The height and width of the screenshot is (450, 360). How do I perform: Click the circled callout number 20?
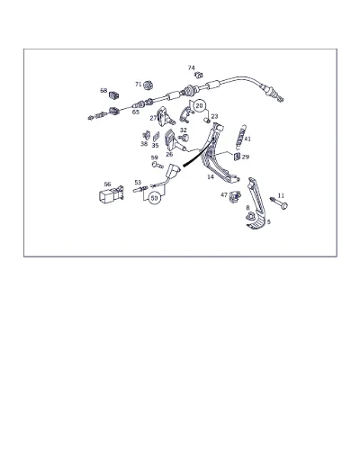pos(199,106)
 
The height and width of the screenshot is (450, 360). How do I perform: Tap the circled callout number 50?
pos(154,198)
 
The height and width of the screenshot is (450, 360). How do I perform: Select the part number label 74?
pos(191,68)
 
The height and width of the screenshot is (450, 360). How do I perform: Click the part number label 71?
pos(138,85)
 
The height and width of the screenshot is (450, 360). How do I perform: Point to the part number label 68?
pos(103,90)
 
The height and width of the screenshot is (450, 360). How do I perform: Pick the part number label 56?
pos(107,184)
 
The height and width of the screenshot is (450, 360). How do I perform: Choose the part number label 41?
pos(247,139)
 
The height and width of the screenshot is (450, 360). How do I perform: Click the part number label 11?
pos(281,195)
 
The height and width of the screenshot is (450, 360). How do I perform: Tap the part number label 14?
pos(211,177)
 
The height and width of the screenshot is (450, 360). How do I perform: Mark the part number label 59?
pos(154,157)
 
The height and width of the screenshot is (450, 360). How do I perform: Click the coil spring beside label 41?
pos(240,137)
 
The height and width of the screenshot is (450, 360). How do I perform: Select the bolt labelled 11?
pos(278,202)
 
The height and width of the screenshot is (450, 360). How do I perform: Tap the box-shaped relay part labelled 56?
pos(111,194)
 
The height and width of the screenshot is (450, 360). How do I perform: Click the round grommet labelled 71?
pos(148,85)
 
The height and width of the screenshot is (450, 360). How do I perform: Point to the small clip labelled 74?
pos(199,75)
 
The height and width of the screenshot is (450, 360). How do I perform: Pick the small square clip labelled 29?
pos(237,157)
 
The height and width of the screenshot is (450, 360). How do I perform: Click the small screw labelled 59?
pos(157,165)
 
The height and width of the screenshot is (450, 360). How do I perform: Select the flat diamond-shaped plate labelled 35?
pos(156,137)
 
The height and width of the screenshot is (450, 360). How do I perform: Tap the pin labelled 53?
pos(140,189)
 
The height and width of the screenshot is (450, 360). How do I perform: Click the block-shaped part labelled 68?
pos(114,95)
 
